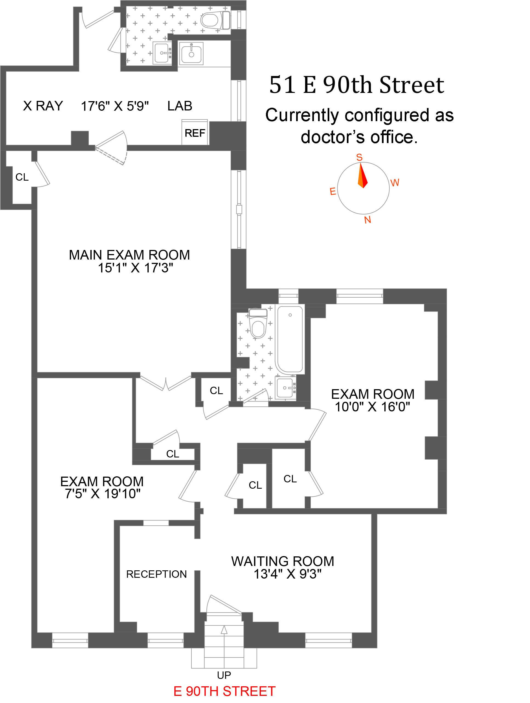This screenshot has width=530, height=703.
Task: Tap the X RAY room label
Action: (43, 106)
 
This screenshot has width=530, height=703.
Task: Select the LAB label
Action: (180, 106)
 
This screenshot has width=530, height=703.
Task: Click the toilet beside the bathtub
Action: (257, 323)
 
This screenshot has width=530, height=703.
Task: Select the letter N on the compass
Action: (367, 220)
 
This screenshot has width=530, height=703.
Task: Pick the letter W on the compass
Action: (395, 183)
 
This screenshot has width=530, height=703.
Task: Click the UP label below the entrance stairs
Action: (224, 675)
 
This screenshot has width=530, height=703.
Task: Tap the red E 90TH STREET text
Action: (224, 691)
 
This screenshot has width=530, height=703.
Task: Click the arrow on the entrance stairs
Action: (224, 630)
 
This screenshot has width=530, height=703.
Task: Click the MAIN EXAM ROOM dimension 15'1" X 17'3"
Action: (135, 268)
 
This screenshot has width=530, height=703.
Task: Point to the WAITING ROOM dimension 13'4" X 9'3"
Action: (287, 574)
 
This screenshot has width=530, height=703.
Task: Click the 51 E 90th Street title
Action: (356, 85)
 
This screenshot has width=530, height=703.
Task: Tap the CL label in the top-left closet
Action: (22, 177)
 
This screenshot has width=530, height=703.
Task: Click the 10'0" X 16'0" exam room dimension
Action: (372, 407)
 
